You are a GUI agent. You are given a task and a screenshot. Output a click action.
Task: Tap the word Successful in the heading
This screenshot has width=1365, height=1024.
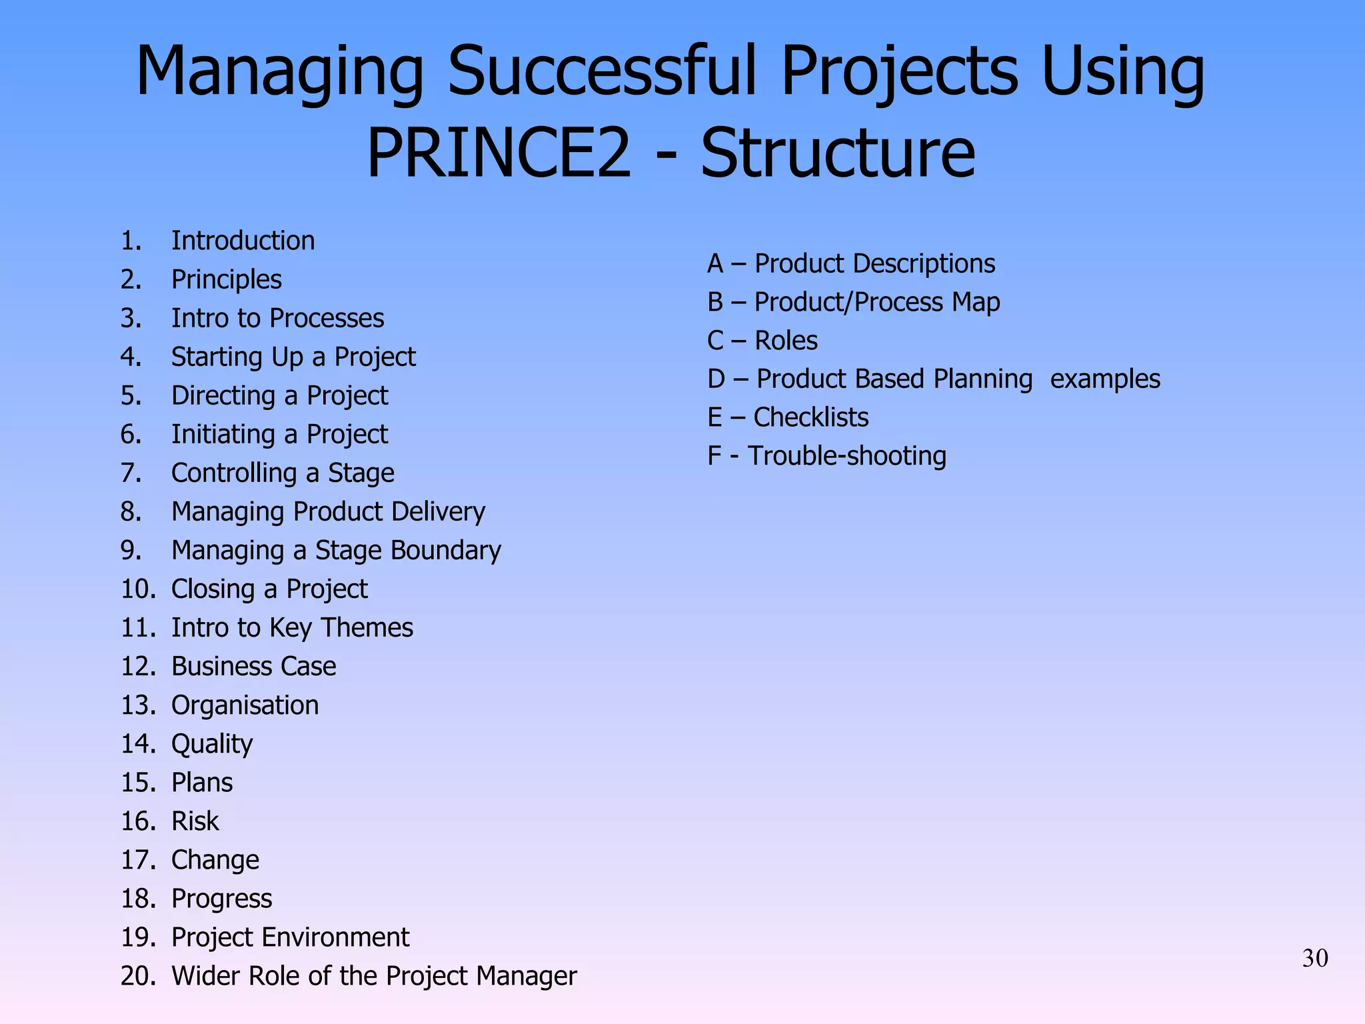coord(603,71)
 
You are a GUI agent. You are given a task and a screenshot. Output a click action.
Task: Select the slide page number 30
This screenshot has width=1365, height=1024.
coord(1315,958)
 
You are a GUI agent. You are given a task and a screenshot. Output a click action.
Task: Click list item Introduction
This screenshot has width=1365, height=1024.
coord(243,241)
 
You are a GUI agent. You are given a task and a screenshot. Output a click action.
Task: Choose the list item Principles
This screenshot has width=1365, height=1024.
coord(226,279)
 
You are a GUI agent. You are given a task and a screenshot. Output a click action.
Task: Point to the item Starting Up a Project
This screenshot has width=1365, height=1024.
coord(293,357)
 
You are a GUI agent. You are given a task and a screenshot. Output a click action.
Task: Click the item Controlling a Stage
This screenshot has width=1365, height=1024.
coord(283,473)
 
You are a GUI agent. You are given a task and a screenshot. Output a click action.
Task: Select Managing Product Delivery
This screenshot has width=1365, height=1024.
coord(328,511)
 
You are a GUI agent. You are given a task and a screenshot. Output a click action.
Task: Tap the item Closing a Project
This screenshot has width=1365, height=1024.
coord(269,589)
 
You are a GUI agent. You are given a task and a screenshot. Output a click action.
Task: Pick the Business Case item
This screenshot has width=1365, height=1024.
coord(253,666)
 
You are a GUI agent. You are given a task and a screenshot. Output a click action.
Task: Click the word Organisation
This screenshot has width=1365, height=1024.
coord(245,705)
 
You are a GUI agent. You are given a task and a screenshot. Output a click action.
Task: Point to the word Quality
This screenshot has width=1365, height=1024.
coord(212,743)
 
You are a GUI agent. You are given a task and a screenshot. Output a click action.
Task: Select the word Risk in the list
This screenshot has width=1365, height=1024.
coord(195,821)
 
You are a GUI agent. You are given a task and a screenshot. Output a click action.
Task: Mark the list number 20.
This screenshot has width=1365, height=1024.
coord(138,976)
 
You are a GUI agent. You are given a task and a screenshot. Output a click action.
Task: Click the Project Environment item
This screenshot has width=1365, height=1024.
coord(290,937)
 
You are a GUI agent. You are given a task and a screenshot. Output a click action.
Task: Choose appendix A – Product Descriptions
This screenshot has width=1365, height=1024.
coord(850,263)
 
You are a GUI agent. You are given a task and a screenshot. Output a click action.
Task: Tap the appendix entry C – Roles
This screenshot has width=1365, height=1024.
coord(762,341)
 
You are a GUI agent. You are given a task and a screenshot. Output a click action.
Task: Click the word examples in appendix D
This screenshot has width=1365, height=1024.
coord(1105,379)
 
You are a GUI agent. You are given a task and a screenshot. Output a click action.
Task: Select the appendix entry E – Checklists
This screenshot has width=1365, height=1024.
coord(787,417)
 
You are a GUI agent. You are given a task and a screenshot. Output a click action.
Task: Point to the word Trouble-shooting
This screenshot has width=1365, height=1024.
coord(846,456)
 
